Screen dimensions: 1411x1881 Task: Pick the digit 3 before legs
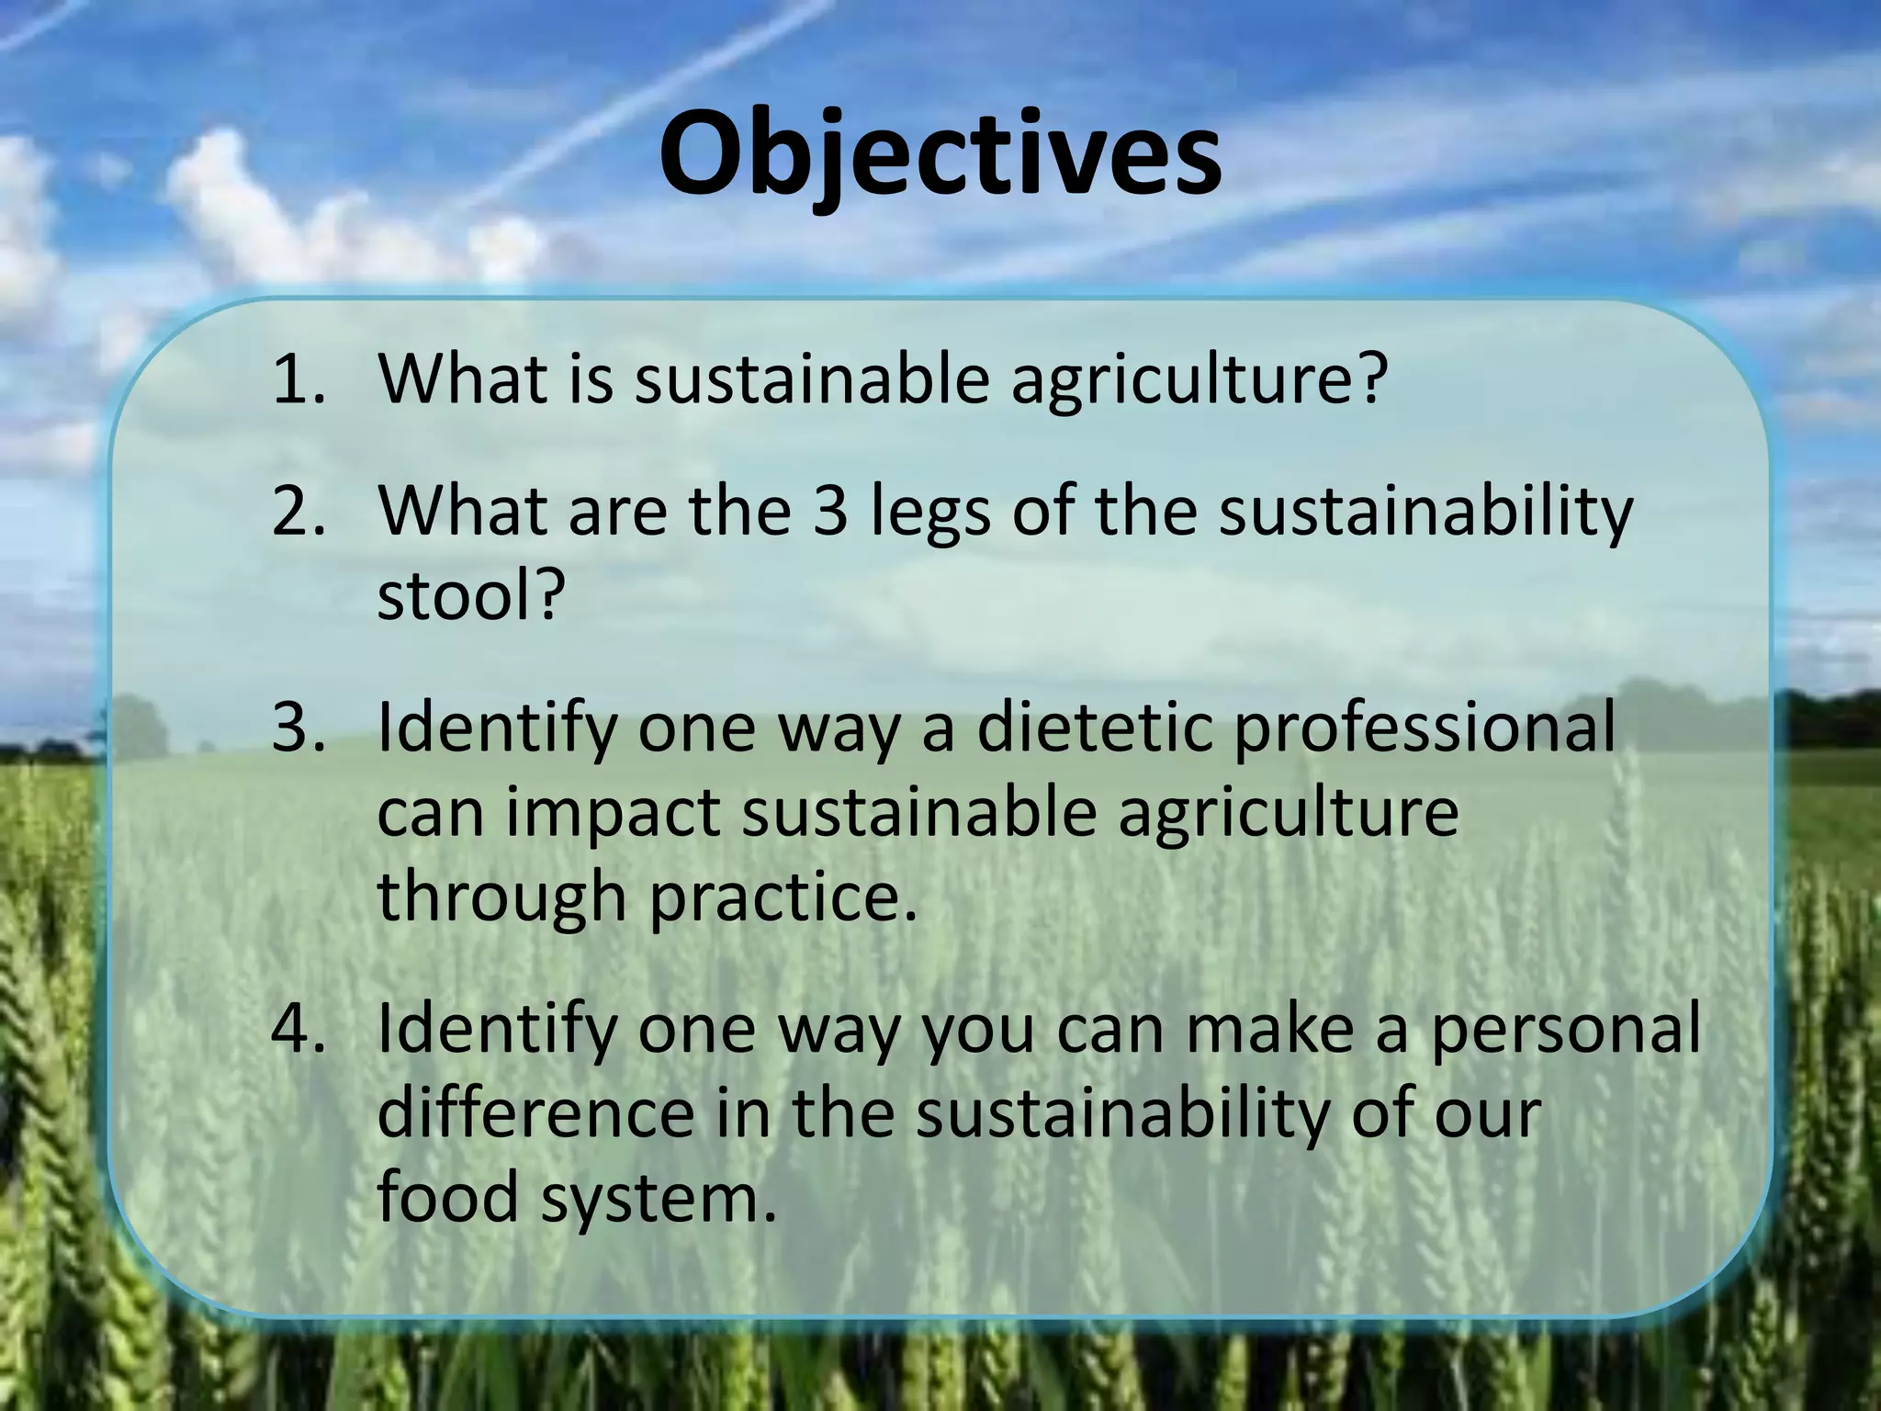[x=830, y=511]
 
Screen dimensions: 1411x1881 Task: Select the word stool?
[x=469, y=595]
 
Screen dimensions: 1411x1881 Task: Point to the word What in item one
[x=463, y=379]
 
